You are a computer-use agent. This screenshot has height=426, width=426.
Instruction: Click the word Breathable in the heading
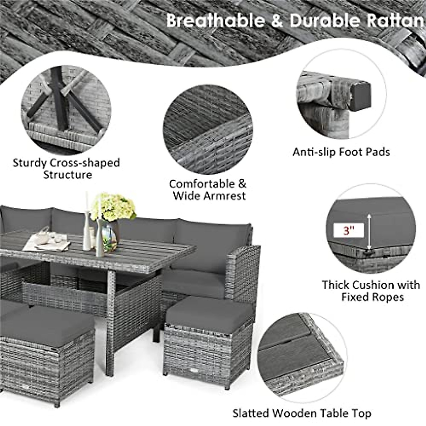click(215, 20)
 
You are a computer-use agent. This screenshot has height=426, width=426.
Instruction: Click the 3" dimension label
click(349, 231)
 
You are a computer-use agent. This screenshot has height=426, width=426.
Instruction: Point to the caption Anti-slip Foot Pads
click(341, 152)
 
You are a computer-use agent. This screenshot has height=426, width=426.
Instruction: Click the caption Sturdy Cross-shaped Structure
click(67, 169)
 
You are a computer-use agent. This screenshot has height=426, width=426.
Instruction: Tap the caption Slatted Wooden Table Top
click(302, 413)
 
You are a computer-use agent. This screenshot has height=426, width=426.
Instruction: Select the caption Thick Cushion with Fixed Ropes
click(371, 290)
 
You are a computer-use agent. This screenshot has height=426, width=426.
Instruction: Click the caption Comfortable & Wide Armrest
click(208, 190)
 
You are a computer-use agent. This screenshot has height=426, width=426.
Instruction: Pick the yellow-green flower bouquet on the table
click(113, 207)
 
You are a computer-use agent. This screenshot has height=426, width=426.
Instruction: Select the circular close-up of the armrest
click(208, 129)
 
